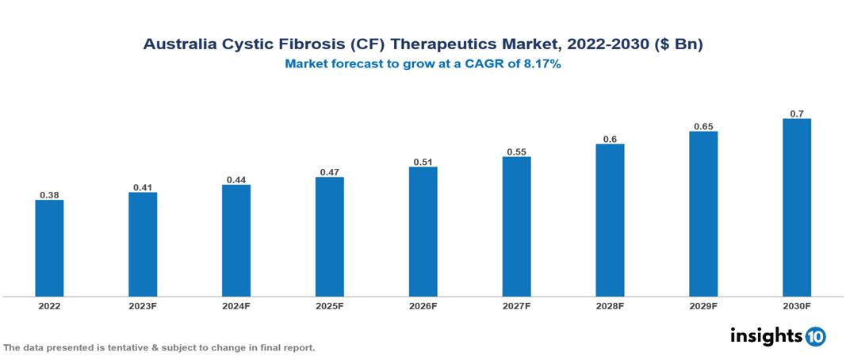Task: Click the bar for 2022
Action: click(49, 248)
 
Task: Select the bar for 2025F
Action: click(330, 236)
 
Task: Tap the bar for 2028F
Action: click(610, 220)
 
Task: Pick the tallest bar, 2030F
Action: click(797, 208)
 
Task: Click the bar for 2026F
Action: click(423, 232)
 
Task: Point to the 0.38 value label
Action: click(49, 194)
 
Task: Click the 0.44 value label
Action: click(236, 179)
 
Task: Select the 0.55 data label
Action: click(517, 151)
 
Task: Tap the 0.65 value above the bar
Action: click(703, 126)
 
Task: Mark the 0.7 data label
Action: click(797, 113)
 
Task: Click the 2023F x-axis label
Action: click(143, 306)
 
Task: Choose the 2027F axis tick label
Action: click(517, 306)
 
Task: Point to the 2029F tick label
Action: click(703, 306)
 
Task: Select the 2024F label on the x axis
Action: click(236, 306)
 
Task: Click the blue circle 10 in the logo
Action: click(815, 336)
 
